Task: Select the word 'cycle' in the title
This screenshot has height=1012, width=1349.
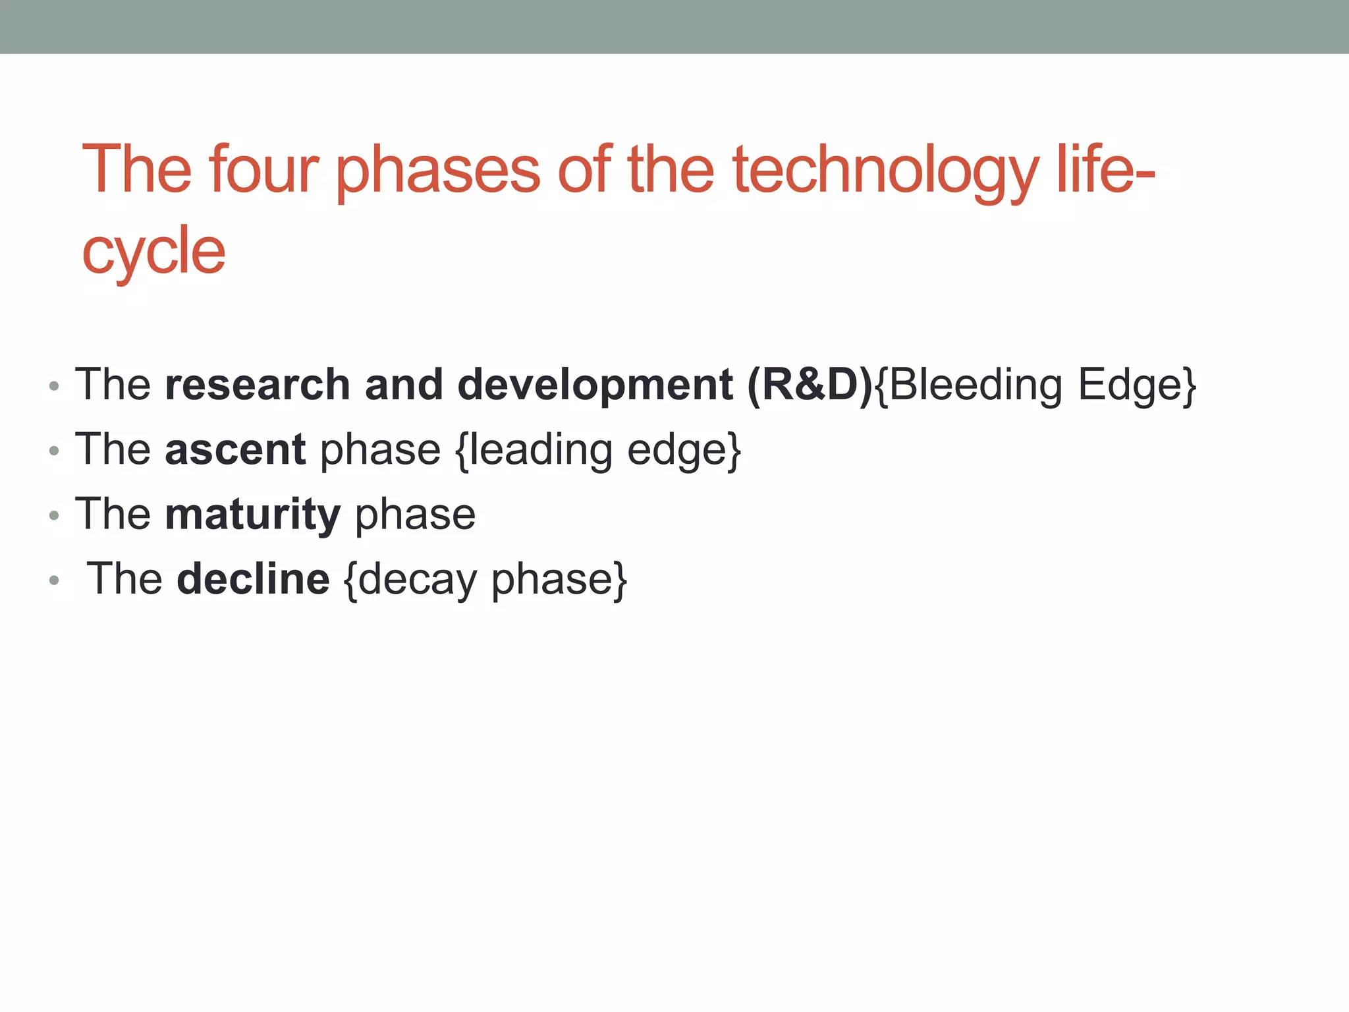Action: [153, 251]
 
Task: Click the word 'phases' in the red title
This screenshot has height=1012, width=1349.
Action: [437, 171]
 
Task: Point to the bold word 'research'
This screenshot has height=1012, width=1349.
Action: [257, 385]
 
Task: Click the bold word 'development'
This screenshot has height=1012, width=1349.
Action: [595, 385]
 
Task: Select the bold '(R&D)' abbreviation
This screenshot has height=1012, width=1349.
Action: [810, 385]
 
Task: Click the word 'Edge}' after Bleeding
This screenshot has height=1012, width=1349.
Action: [1137, 385]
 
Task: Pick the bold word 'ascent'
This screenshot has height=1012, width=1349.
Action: [235, 449]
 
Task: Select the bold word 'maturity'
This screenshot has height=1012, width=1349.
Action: [252, 515]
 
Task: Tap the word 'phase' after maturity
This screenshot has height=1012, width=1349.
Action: [415, 515]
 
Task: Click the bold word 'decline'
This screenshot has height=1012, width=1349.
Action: [253, 579]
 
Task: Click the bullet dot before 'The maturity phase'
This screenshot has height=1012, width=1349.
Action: [55, 516]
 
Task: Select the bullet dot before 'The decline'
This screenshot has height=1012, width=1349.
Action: [55, 580]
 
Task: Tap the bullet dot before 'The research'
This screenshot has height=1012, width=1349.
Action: [55, 387]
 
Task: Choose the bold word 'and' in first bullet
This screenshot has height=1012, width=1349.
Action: [403, 385]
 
